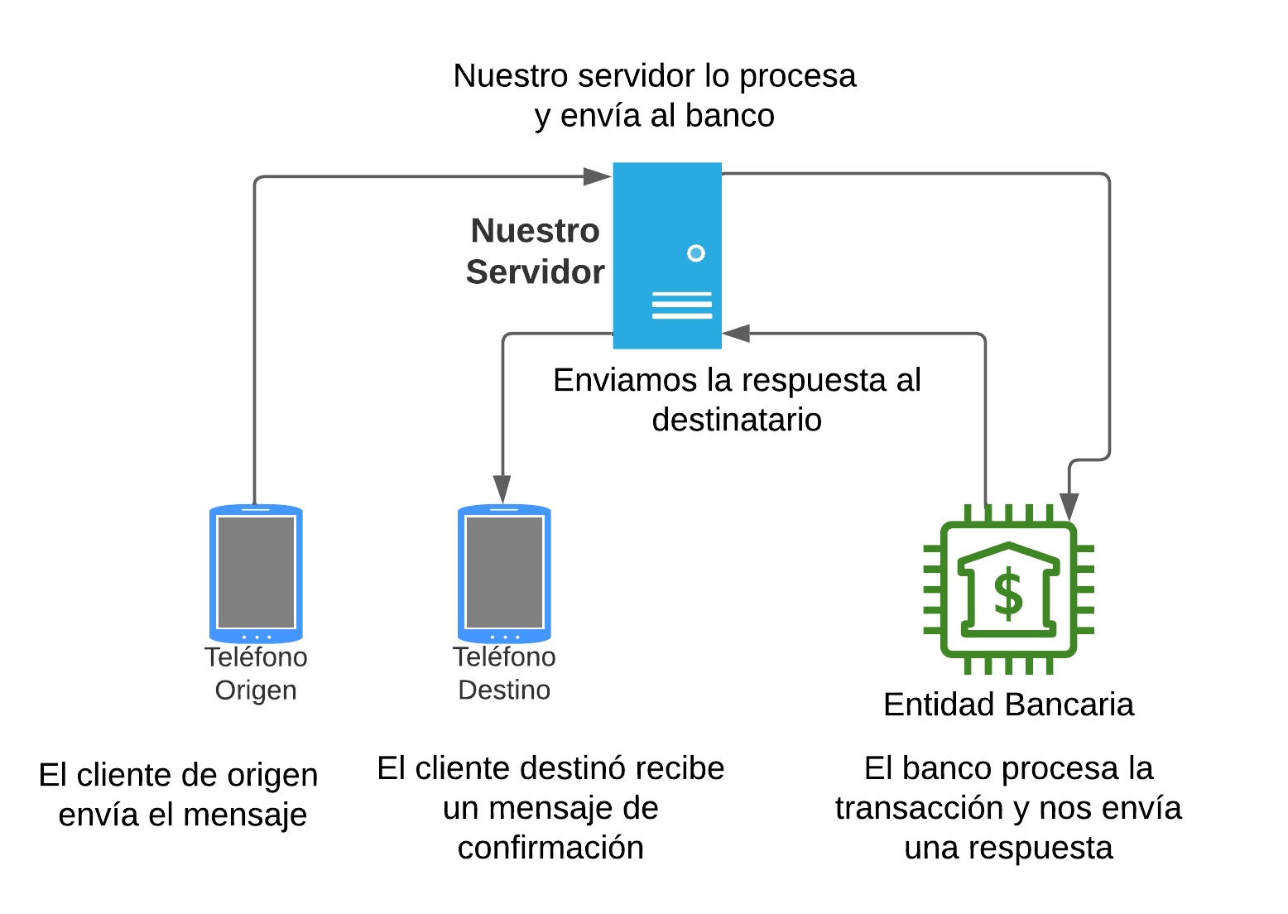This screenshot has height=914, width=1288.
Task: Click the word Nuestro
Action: (x=535, y=231)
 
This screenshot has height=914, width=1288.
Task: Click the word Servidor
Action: (x=535, y=272)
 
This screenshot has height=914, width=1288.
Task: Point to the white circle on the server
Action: (x=696, y=253)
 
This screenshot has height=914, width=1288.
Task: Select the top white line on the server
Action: (x=682, y=294)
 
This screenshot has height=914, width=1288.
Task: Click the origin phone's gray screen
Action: (x=256, y=572)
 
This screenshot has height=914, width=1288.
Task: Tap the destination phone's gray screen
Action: (x=504, y=572)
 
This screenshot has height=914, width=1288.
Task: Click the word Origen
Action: (x=256, y=690)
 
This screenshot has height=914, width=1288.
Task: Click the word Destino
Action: (x=504, y=690)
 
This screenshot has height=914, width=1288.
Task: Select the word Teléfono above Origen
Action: (x=256, y=657)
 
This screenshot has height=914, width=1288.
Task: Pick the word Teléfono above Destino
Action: (x=504, y=657)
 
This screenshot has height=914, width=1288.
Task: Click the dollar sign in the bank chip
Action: (x=1008, y=593)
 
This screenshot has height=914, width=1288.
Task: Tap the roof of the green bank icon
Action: (x=1008, y=552)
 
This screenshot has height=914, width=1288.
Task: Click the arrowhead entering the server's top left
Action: (x=597, y=176)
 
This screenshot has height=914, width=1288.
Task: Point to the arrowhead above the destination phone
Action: (x=502, y=489)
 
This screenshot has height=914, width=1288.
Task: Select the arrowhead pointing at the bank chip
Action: (x=1069, y=506)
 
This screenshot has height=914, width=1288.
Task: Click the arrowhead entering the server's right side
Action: (x=736, y=334)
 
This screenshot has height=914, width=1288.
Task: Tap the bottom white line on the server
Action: (x=682, y=316)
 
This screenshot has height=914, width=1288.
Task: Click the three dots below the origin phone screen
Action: (x=256, y=637)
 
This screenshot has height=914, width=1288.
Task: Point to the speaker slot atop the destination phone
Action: (x=504, y=509)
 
